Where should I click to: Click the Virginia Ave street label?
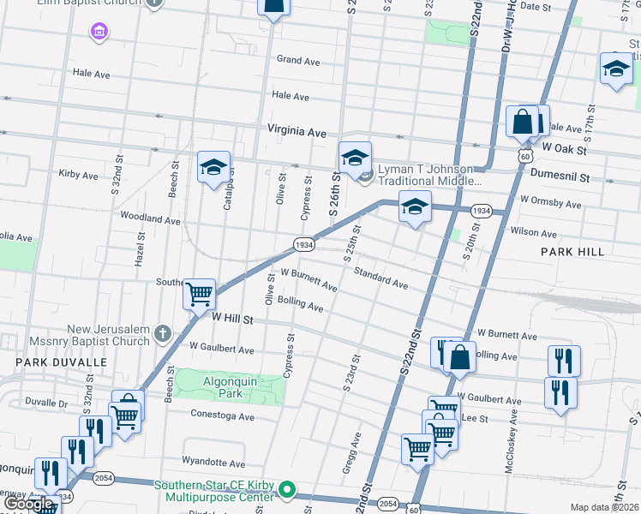point(297,134)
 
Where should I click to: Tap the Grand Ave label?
point(297,61)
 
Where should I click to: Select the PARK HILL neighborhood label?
point(572,252)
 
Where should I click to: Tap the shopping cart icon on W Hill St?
point(199,293)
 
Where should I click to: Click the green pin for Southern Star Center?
point(289,492)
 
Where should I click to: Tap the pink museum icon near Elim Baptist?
point(99,32)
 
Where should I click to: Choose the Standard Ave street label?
point(380,277)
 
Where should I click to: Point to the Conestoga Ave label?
point(224,417)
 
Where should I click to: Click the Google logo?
point(30,505)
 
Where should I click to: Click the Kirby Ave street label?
point(79,175)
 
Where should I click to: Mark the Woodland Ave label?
point(150,219)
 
